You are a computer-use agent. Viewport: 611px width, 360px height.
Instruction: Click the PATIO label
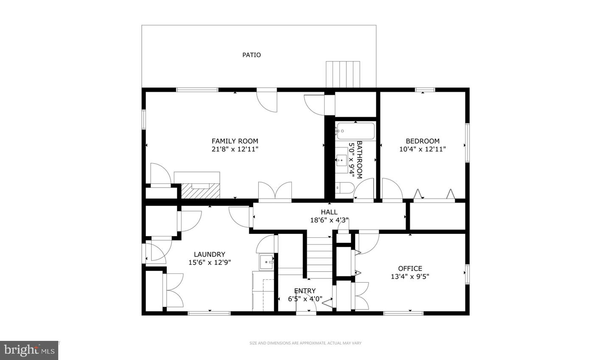point(252,55)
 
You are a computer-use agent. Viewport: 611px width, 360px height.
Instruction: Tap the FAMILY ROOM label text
point(235,141)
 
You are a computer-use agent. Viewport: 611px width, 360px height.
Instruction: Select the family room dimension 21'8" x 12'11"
point(235,149)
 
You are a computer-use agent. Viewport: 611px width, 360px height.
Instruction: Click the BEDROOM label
point(422,141)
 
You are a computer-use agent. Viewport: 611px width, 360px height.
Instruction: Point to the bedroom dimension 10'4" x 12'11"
point(422,149)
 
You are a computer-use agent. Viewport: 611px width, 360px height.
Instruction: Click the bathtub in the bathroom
point(356,131)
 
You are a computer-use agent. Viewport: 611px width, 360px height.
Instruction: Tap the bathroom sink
point(341,160)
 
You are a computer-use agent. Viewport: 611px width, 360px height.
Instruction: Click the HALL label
point(329,212)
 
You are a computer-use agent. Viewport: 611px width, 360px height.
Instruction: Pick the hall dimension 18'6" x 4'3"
point(329,220)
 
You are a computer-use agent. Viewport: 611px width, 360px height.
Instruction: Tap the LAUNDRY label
point(210,255)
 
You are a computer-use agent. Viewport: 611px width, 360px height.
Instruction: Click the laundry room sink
point(267,262)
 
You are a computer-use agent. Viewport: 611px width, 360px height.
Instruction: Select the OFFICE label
point(410,268)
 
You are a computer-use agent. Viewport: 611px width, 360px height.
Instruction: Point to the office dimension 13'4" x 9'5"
point(410,276)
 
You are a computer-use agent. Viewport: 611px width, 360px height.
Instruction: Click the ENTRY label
point(305,291)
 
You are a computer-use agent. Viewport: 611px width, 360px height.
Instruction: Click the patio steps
point(343,74)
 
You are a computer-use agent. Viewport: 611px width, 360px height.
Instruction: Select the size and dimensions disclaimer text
point(305,343)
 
